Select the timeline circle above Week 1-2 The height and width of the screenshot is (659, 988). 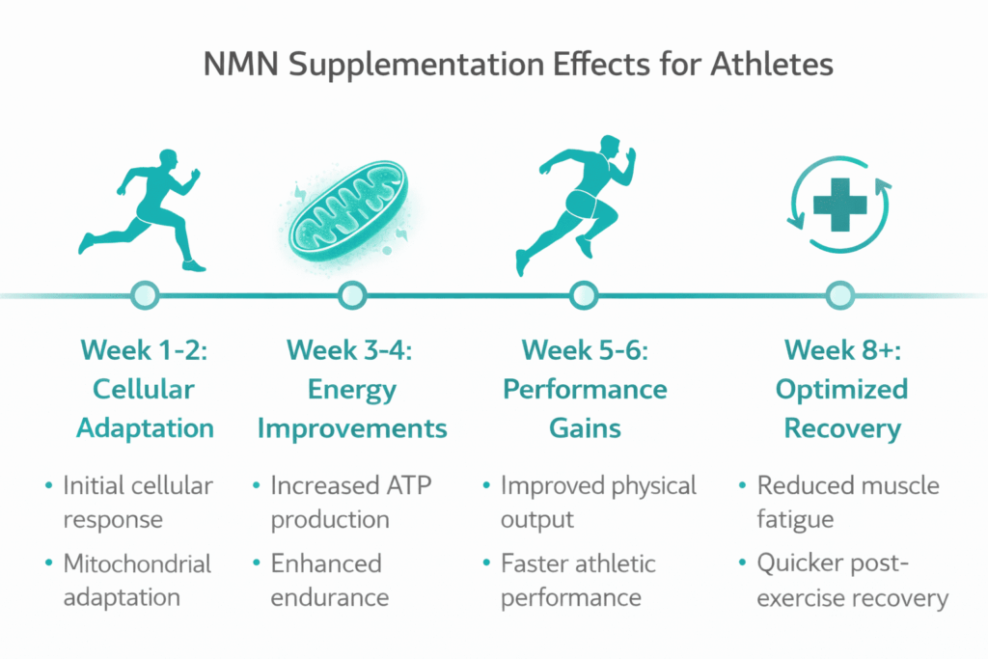[x=143, y=293]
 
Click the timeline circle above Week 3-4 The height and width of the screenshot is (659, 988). [x=352, y=293]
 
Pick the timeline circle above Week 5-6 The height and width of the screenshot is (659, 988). [x=583, y=293]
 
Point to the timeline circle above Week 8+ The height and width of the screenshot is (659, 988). [x=840, y=293]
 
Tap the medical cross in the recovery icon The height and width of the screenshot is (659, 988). [x=837, y=201]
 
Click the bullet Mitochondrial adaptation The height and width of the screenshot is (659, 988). [x=136, y=580]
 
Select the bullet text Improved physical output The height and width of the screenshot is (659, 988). [x=597, y=502]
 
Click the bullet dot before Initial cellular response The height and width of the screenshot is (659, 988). [x=48, y=486]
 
